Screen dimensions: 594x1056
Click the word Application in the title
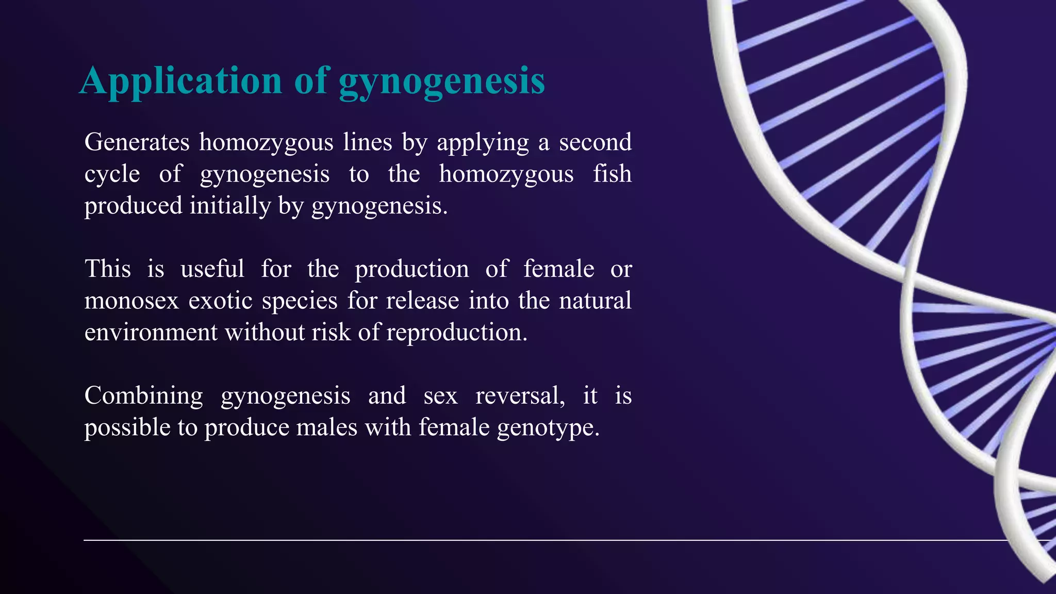[180, 81]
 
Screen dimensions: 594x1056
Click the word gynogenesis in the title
[442, 81]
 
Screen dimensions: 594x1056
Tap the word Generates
[137, 142]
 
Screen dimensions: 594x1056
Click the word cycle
[112, 174]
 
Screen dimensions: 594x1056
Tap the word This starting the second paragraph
[107, 269]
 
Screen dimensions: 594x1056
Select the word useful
[212, 269]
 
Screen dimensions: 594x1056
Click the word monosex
[131, 301]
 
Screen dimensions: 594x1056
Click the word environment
[151, 333]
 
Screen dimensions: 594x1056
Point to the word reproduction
[457, 333]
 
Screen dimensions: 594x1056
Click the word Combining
[143, 396]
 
